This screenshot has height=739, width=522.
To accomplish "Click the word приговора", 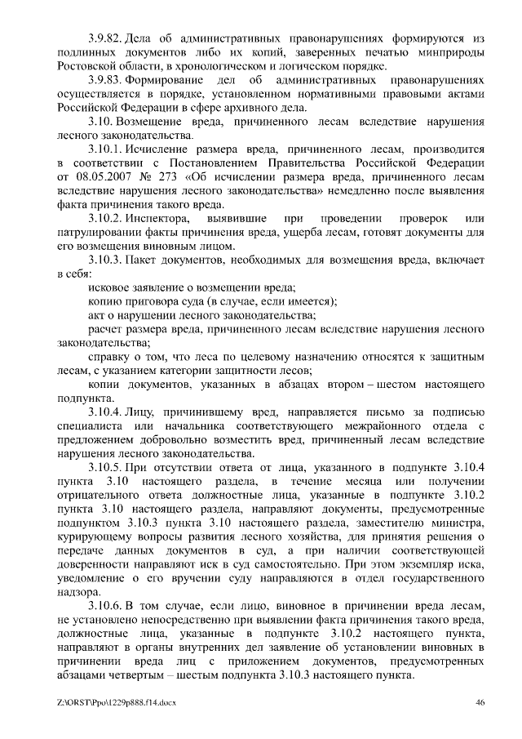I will [153, 302].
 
